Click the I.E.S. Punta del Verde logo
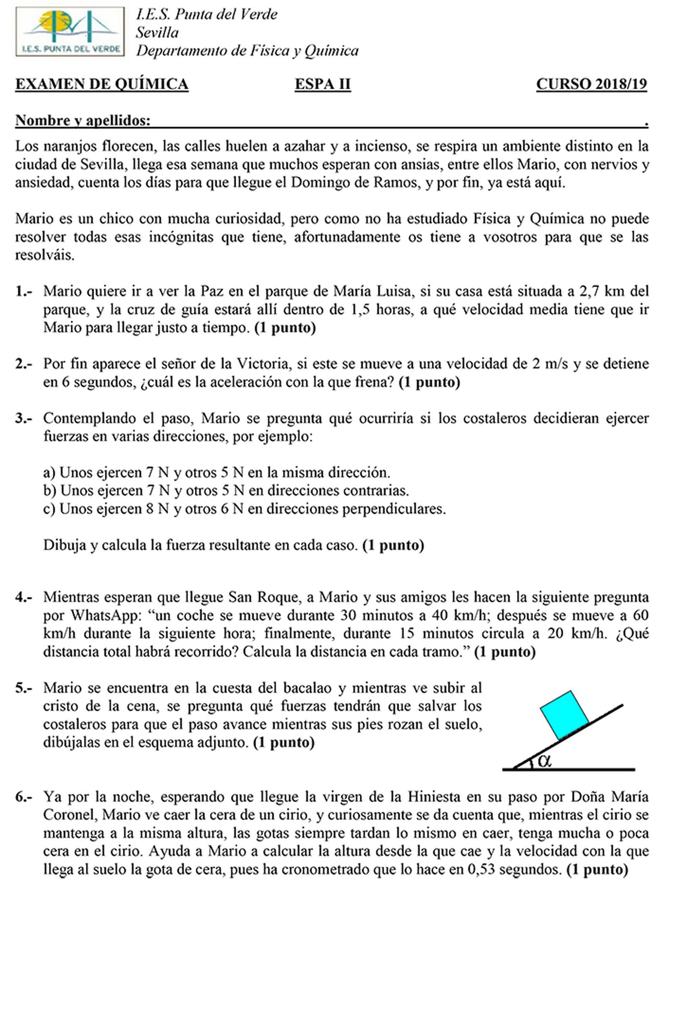point(70,31)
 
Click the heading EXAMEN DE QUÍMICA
point(102,84)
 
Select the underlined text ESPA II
point(322,84)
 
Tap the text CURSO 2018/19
point(591,84)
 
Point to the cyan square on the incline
point(564,715)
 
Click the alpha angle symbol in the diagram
point(544,760)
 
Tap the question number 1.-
point(24,291)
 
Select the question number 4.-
point(24,597)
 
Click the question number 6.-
point(24,797)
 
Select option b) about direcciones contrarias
point(226,491)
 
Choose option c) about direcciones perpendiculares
point(244,509)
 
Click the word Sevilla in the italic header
point(157,33)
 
